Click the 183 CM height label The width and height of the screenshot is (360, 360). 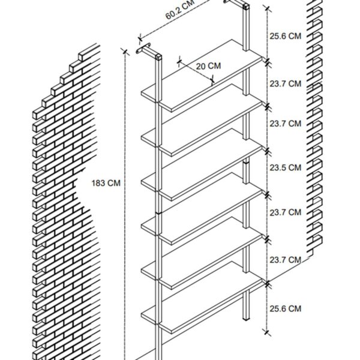106,183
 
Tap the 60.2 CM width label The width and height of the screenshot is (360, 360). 180,10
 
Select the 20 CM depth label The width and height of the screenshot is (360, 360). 208,66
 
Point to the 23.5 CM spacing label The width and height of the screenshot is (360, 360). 285,168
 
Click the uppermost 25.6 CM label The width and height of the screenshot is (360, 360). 285,36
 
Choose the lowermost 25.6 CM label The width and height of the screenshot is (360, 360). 285,309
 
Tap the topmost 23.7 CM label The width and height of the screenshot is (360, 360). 285,84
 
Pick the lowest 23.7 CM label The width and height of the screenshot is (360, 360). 285,260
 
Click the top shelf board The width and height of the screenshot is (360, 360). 202,76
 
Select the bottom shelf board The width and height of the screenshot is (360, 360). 202,298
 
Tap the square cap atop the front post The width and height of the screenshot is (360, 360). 158,57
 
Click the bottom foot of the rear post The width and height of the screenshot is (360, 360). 246,319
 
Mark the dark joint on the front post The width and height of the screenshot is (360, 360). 158,212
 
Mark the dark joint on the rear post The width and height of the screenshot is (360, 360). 246,162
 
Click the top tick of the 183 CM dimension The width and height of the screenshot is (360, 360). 125,52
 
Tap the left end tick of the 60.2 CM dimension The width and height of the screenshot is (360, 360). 140,40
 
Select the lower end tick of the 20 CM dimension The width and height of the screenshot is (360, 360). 212,80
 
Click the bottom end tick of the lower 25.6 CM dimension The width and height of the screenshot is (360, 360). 266,332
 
